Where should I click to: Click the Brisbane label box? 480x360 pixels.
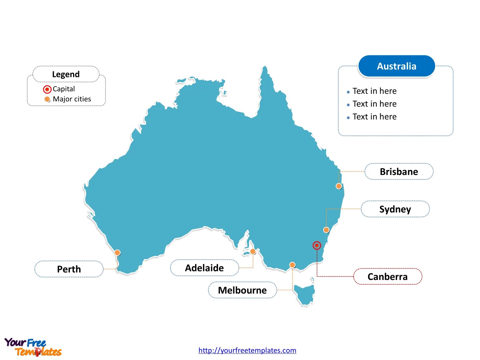coord(399,171)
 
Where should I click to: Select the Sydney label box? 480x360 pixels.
coord(395,209)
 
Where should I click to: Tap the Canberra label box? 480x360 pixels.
coord(387,276)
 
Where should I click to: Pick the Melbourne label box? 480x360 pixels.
coord(242,290)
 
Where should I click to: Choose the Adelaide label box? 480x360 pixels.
coord(204,268)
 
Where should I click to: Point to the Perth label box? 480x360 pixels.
coord(69,269)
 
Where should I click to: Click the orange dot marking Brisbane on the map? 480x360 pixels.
coord(339,186)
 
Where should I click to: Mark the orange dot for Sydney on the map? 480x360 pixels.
coord(326,230)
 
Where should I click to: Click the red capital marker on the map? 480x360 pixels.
coord(317,246)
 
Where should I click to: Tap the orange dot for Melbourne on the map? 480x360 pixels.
coord(292,265)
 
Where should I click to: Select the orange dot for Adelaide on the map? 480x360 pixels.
coord(253,251)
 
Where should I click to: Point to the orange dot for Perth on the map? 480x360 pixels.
coord(117,252)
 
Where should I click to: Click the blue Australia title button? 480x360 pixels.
coord(397,66)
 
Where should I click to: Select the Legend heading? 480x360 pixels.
coord(66,74)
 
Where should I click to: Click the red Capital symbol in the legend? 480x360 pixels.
coord(47,89)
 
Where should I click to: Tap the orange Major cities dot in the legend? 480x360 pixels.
coord(47,99)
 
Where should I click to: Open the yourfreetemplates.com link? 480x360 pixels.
coord(247,350)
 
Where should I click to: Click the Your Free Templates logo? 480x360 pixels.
coord(33,347)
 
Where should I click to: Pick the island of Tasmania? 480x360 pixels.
coord(304,294)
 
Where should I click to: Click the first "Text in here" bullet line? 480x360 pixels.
coord(374,91)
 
